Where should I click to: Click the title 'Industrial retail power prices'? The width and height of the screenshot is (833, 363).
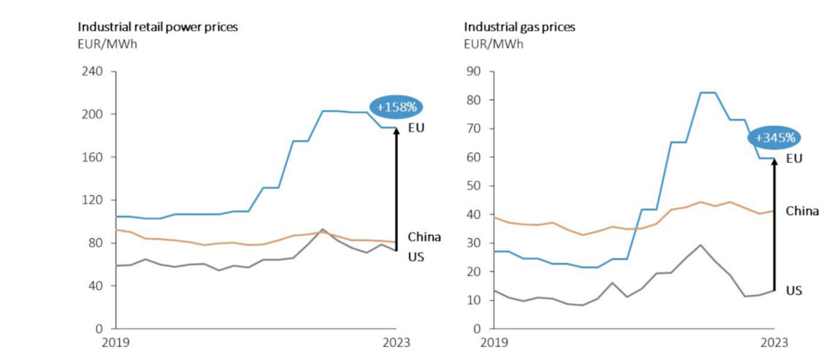pos(159,27)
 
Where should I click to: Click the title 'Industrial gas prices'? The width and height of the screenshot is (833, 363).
pos(520,27)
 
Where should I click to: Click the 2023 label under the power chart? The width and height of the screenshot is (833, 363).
pos(396,343)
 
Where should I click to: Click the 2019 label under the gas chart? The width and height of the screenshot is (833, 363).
pos(495,343)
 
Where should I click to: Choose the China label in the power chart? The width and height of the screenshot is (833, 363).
pos(424,237)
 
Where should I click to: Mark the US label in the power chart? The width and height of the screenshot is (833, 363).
pos(415,257)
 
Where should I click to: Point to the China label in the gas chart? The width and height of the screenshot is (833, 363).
pos(802,212)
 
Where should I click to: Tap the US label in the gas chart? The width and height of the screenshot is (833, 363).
pos(794,291)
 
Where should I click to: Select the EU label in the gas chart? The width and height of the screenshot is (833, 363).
pos(794,158)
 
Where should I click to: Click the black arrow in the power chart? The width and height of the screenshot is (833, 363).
pos(396,190)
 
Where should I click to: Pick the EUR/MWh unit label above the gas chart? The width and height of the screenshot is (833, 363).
pos(493,44)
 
